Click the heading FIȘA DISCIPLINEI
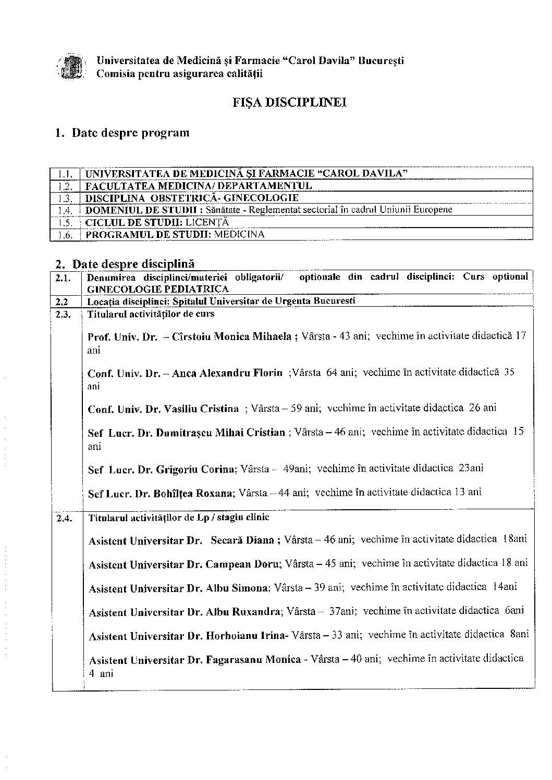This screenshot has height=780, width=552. (x=290, y=102)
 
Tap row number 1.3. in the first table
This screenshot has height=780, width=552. (x=65, y=198)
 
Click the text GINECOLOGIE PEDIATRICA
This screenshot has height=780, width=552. (x=157, y=289)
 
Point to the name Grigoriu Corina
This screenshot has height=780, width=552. (x=195, y=469)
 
